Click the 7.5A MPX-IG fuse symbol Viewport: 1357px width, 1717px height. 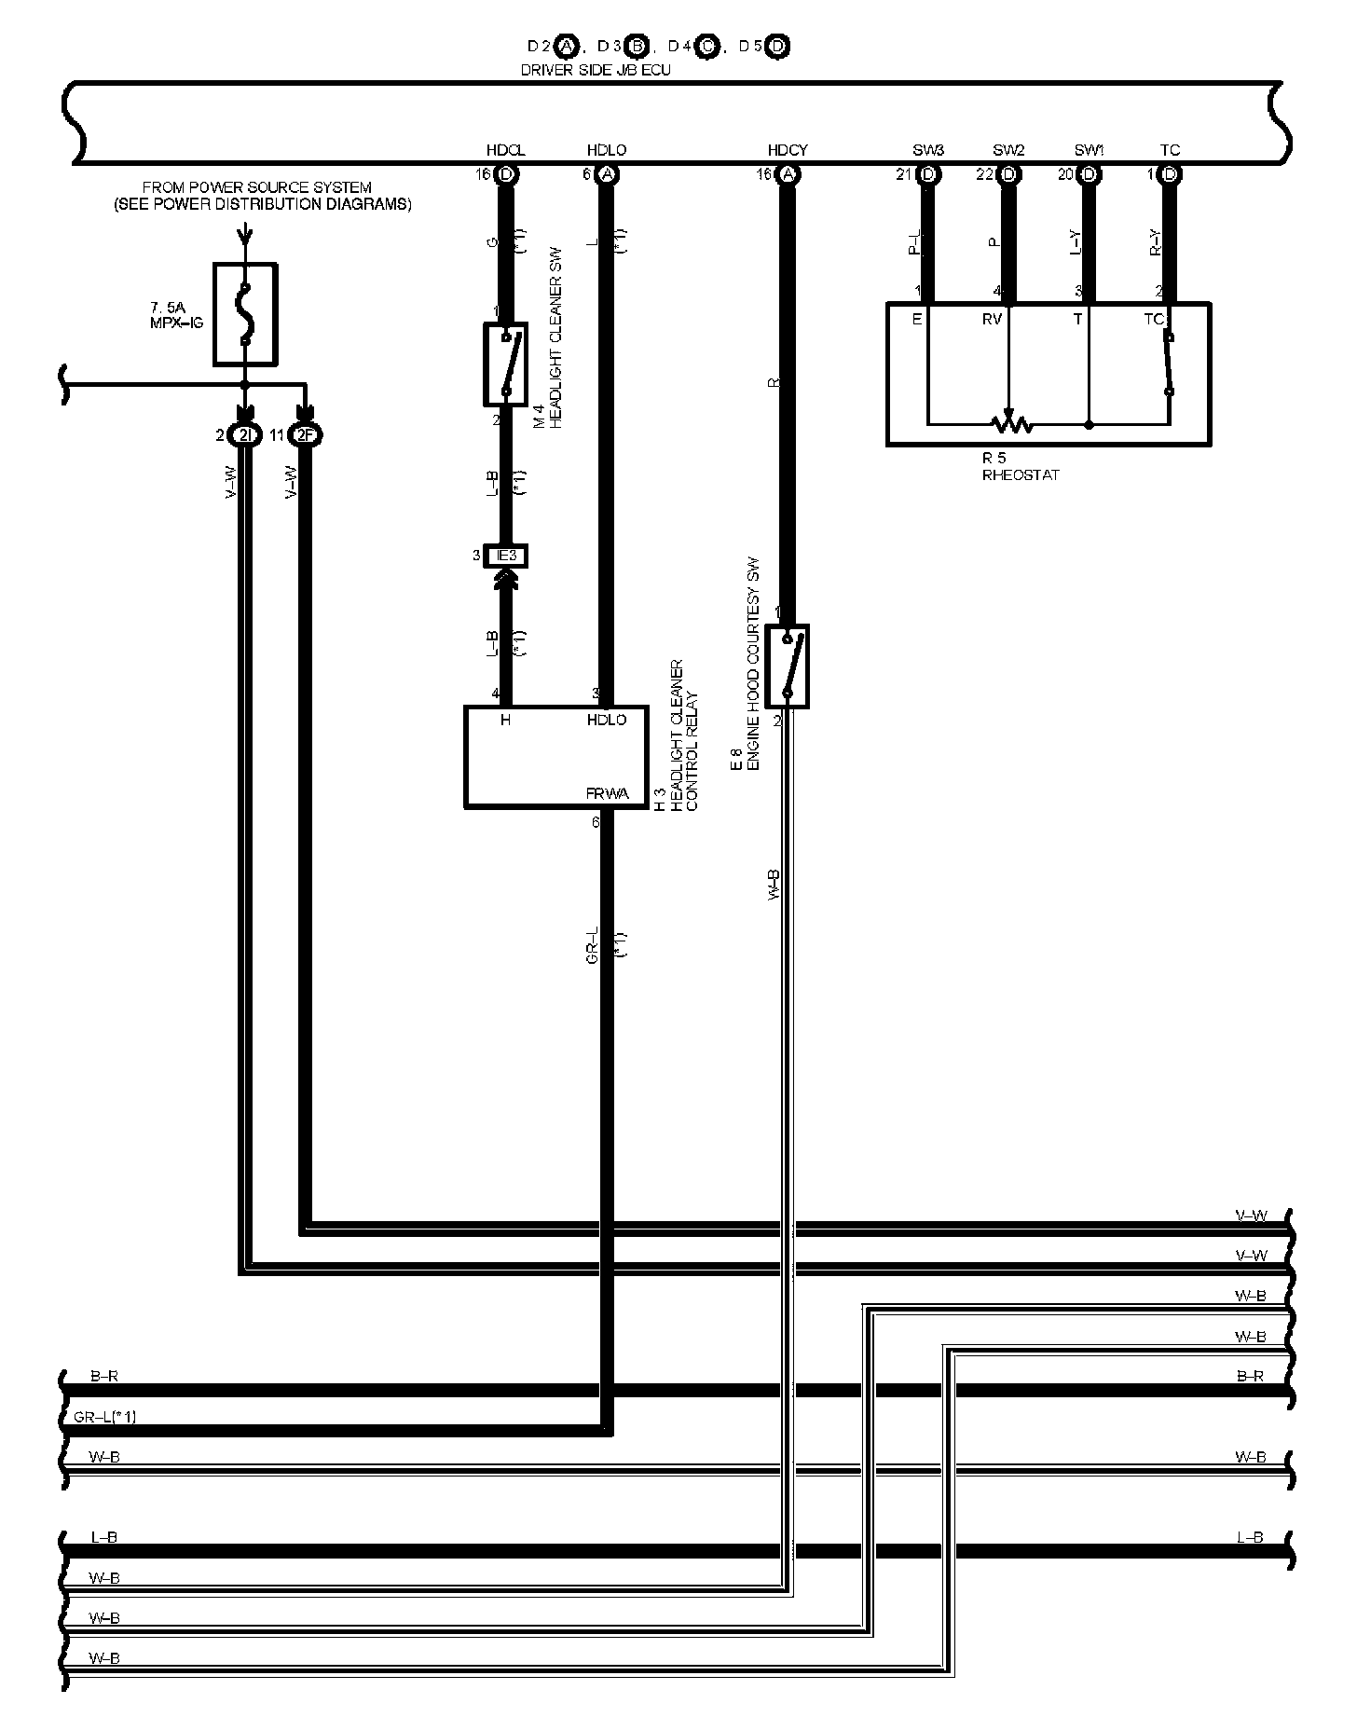pyautogui.click(x=245, y=313)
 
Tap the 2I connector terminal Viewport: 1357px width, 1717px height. pyautogui.click(x=244, y=435)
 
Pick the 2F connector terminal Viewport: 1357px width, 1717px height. pyautogui.click(x=305, y=435)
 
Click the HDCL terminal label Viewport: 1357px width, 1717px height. pyautogui.click(x=505, y=150)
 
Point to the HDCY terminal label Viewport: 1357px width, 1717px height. pyautogui.click(x=788, y=150)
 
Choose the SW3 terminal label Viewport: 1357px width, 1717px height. pyautogui.click(x=928, y=150)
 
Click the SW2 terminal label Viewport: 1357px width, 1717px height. pyautogui.click(x=1008, y=150)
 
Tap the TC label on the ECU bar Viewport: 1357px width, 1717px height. pyautogui.click(x=1170, y=150)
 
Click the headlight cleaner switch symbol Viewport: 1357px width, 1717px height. pyautogui.click(x=505, y=364)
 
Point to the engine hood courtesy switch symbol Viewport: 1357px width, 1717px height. pyautogui.click(x=788, y=666)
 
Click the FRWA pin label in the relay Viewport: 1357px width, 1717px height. pyautogui.click(x=607, y=794)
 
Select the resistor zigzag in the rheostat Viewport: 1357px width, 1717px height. pyautogui.click(x=1009, y=425)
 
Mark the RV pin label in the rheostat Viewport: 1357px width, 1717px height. pyautogui.click(x=992, y=319)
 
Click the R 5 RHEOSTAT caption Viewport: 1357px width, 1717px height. pyautogui.click(x=1020, y=467)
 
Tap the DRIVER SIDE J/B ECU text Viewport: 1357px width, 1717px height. pyautogui.click(x=596, y=70)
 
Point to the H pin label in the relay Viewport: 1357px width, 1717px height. pyautogui.click(x=505, y=720)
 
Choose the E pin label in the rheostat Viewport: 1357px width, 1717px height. pyautogui.click(x=918, y=319)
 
